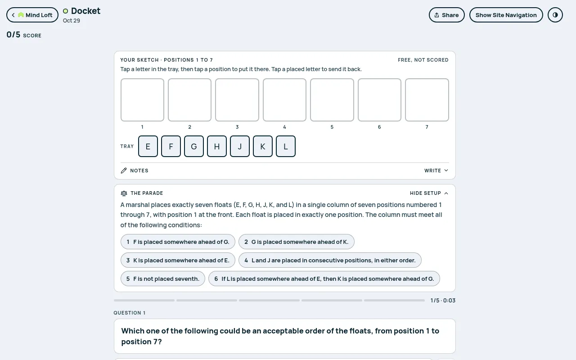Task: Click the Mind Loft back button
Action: [x=32, y=15]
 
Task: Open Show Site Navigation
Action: [x=506, y=15]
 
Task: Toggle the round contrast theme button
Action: [x=555, y=15]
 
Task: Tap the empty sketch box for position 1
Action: [x=142, y=100]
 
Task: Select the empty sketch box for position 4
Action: [x=284, y=100]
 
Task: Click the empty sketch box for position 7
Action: [x=427, y=100]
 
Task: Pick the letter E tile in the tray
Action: [x=148, y=146]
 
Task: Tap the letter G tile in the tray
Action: [x=194, y=146]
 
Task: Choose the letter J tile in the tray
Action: [x=240, y=146]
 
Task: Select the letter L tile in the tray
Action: [x=286, y=146]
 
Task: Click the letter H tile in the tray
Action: [x=217, y=146]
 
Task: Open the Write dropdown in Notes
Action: [x=436, y=171]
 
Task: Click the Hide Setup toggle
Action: [x=429, y=193]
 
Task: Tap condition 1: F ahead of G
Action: [x=178, y=242]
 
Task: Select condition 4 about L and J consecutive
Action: [x=330, y=260]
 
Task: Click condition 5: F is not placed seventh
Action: [x=163, y=279]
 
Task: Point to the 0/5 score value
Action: [x=13, y=35]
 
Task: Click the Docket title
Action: [x=85, y=11]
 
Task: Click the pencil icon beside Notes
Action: [x=124, y=171]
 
